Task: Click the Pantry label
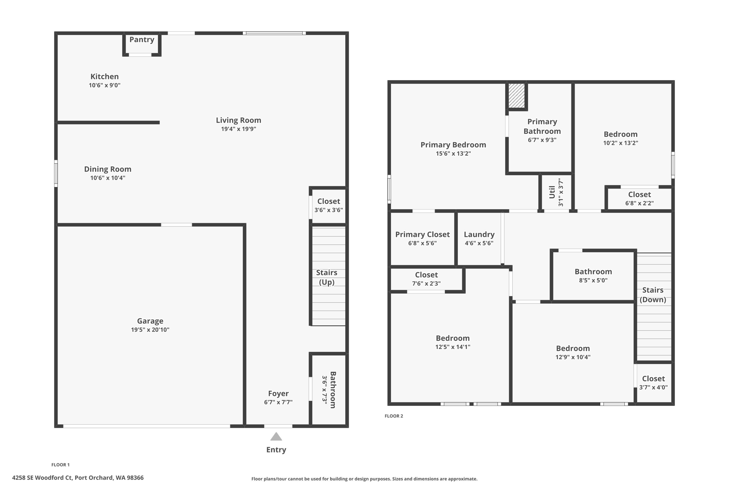[x=142, y=40]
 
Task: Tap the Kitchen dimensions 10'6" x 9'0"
[x=105, y=85]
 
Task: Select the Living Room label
[x=238, y=120]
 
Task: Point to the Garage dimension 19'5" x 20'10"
[x=150, y=330]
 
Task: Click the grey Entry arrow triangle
[x=276, y=437]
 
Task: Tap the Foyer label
[x=278, y=393]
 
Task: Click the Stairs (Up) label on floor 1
[x=326, y=277]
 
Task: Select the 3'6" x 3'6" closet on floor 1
[x=328, y=206]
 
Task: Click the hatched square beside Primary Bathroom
[x=516, y=95]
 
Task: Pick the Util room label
[x=552, y=192]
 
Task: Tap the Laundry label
[x=479, y=234]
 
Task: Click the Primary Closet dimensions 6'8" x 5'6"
[x=422, y=243]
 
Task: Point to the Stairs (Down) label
[x=652, y=295]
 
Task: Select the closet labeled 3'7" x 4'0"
[x=653, y=383]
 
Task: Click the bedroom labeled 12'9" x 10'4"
[x=573, y=352]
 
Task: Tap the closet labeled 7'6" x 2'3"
[x=426, y=279]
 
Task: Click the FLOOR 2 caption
[x=394, y=416]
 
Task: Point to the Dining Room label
[x=107, y=169]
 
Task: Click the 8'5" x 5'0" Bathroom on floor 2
[x=593, y=275]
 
